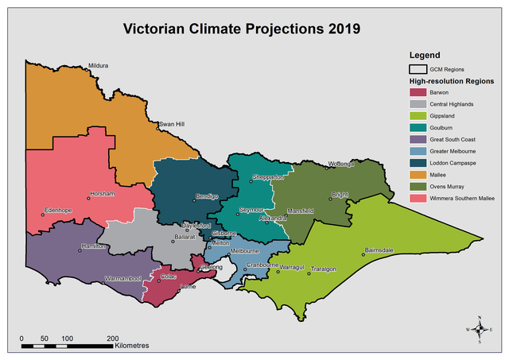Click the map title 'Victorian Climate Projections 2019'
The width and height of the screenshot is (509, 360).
241,29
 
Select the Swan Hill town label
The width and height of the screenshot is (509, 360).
172,125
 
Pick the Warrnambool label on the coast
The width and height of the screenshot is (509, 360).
123,279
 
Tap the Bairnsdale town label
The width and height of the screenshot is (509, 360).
379,250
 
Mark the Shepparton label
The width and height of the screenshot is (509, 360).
268,176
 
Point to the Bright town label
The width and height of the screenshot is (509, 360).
340,194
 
